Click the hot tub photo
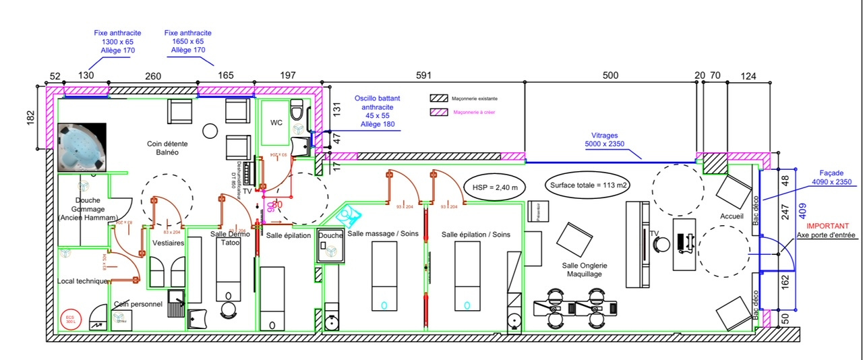coord(82,147)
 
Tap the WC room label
coord(276,123)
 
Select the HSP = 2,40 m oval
coord(495,185)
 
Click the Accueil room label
coord(731,216)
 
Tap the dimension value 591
coord(423,76)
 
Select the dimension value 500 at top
coord(609,76)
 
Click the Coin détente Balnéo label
coord(167,148)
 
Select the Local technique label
coord(83,280)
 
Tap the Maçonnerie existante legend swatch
coord(439,98)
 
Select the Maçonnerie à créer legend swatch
coord(439,112)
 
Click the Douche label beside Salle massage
coord(330,235)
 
